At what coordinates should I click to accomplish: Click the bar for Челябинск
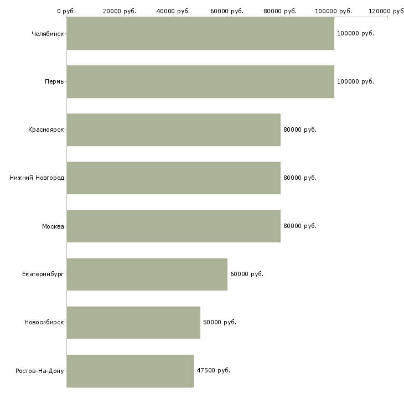(200, 34)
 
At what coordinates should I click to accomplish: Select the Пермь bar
(200, 82)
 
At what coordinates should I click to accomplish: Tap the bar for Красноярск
(174, 130)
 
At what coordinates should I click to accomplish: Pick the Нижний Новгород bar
(174, 178)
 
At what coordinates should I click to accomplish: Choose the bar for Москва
(174, 226)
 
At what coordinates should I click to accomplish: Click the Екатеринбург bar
(147, 274)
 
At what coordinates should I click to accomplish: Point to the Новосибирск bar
(133, 323)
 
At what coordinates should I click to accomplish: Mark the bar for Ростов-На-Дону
(130, 371)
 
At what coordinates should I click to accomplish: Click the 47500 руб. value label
(213, 370)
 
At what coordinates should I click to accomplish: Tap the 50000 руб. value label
(220, 322)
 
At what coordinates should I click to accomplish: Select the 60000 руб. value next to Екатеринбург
(247, 274)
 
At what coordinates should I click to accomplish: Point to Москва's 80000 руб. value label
(300, 226)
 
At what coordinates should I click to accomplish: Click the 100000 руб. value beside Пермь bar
(355, 81)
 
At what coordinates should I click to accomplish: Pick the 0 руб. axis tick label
(66, 11)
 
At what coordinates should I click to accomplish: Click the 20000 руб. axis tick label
(120, 11)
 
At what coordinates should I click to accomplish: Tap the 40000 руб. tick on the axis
(173, 11)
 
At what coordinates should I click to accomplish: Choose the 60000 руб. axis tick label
(227, 11)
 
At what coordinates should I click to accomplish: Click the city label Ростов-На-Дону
(40, 371)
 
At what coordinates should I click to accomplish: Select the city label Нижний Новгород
(37, 178)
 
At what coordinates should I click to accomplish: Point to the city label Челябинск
(48, 34)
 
